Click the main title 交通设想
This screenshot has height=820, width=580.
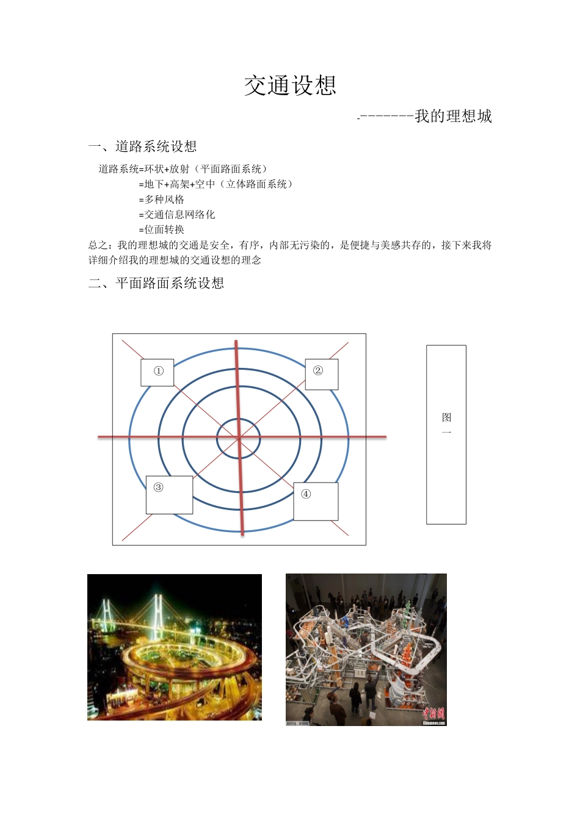coord(290,85)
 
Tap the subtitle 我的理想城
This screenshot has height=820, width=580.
coord(453,116)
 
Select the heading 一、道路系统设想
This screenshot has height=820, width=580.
coord(142,146)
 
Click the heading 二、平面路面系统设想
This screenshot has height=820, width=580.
coord(156,283)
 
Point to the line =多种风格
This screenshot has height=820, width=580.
coord(162,200)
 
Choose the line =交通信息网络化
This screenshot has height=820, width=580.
coord(177,215)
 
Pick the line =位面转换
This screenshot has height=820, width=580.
coord(162,230)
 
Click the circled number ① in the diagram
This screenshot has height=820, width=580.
coord(159,371)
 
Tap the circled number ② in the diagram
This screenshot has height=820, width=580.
coord(318,370)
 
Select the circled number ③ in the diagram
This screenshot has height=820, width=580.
coord(159,487)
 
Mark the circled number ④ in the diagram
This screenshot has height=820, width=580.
coord(306,494)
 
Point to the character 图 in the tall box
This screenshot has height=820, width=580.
coord(446,417)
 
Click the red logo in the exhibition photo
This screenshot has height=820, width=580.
coord(433,713)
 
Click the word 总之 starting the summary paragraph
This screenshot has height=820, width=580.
coord(98,245)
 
